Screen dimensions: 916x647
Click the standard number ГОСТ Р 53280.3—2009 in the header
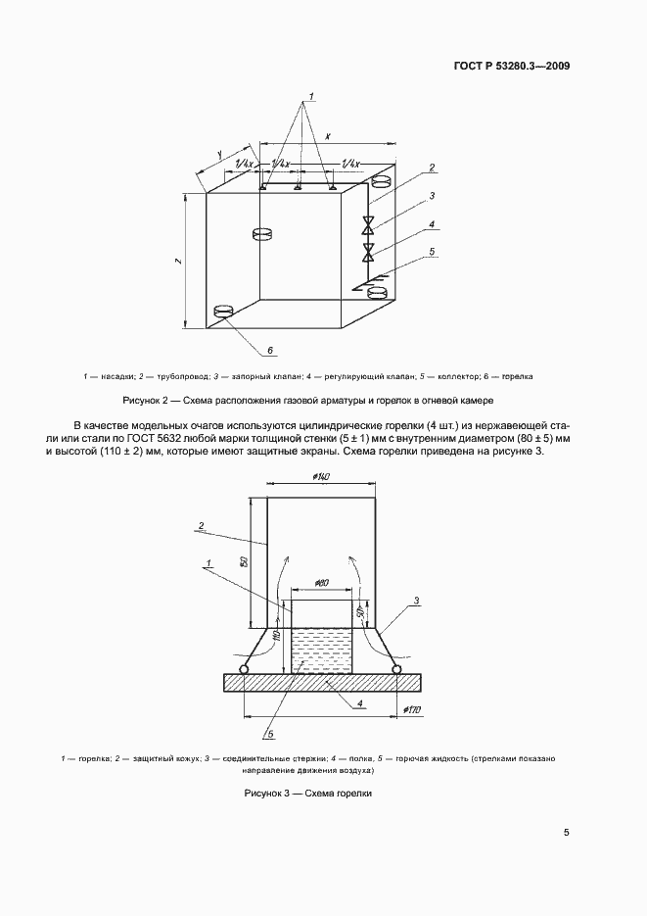512,67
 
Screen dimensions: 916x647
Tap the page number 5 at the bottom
567,833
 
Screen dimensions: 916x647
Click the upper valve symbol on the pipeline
368,224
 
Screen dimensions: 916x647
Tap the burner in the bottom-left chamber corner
224,312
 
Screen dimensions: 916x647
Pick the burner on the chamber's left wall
262,233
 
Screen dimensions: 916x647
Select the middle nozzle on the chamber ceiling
298,187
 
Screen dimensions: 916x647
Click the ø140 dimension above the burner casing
321,476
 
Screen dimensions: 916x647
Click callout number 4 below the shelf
361,702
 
